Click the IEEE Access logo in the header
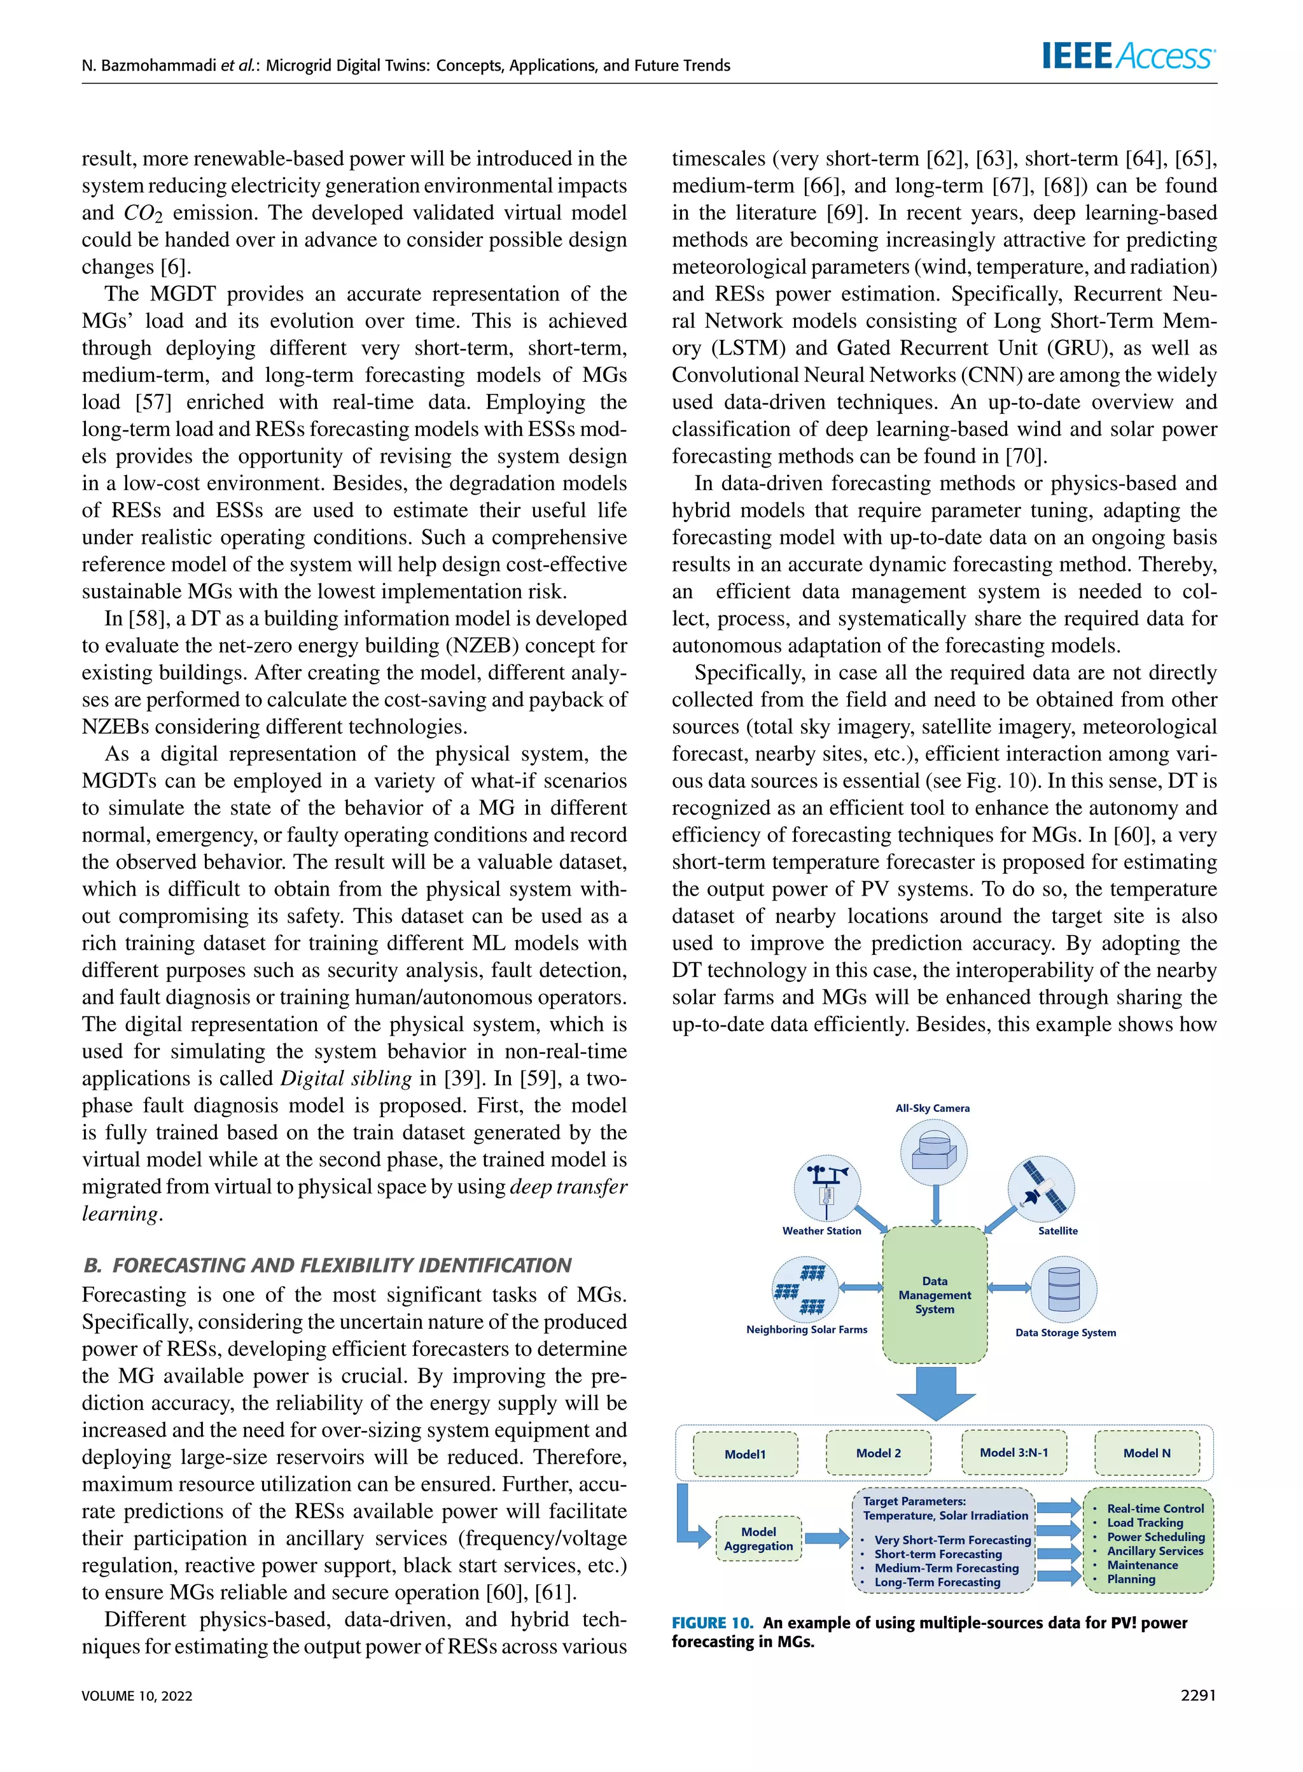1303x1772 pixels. click(x=1129, y=57)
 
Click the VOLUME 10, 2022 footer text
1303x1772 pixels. click(x=137, y=1696)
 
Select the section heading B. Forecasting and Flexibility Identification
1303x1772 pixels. click(x=326, y=1265)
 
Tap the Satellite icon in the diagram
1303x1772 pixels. click(x=1041, y=1186)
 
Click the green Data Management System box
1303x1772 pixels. click(x=935, y=1295)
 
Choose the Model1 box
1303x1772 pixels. click(x=746, y=1454)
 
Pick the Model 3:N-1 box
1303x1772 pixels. click(x=1014, y=1452)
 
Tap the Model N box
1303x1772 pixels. click(x=1147, y=1453)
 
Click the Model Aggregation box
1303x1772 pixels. click(x=759, y=1538)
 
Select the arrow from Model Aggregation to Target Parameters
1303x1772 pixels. click(x=826, y=1538)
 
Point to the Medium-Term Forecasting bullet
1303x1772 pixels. click(x=945, y=1568)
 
